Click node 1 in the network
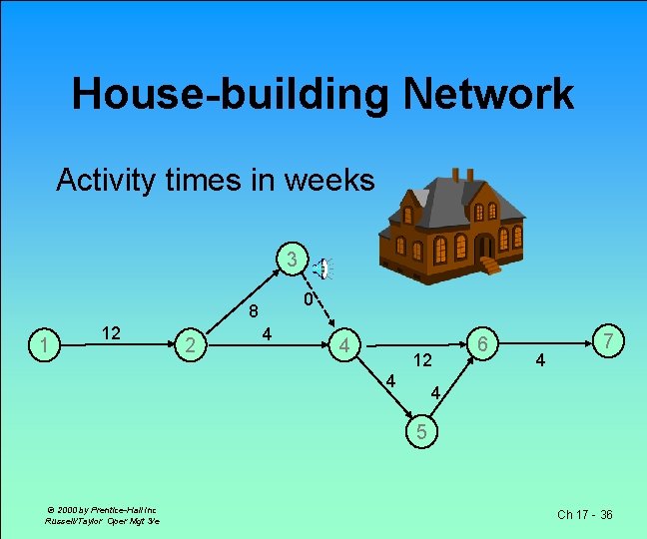point(41,345)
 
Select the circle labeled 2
point(189,345)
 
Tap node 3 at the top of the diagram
point(291,260)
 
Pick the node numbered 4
point(344,346)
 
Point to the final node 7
point(608,342)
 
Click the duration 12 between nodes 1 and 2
point(113,332)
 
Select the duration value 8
point(255,310)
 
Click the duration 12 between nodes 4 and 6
point(422,359)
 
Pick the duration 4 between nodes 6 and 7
point(539,359)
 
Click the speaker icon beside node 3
point(323,269)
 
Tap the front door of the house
point(484,247)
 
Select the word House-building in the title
point(231,95)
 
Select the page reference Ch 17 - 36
point(585,514)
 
